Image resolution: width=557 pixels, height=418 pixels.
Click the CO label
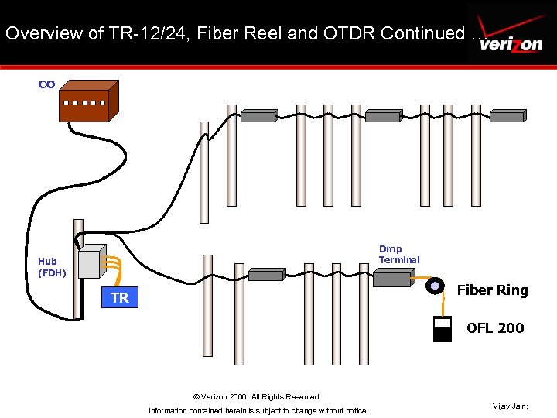(46, 84)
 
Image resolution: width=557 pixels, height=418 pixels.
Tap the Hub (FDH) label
(53, 267)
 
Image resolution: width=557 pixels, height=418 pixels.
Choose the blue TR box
(119, 298)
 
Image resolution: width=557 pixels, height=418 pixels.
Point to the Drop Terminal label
(398, 255)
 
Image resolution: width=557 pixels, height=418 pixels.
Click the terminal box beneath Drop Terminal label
(393, 279)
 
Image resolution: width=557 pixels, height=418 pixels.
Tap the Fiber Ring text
(492, 290)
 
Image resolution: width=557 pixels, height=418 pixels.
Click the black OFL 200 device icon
(443, 329)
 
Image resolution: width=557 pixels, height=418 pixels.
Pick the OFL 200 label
(495, 328)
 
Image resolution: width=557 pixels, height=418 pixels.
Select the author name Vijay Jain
(510, 406)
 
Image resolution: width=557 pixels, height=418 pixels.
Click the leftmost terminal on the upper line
(258, 116)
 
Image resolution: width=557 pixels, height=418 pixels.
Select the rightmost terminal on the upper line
(507, 116)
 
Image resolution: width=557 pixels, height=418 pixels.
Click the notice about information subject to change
(258, 410)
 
